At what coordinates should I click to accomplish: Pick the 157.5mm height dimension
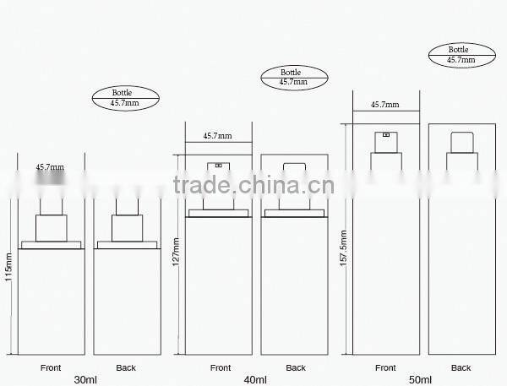pos(342,236)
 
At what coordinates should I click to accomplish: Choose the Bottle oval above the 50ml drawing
pos(461,55)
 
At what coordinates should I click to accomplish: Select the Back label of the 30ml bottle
pos(126,367)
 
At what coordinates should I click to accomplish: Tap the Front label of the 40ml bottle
pos(220,367)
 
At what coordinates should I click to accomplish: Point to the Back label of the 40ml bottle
pos(295,367)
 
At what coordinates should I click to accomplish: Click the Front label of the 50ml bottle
pos(385,367)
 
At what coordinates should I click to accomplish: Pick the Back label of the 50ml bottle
pos(461,367)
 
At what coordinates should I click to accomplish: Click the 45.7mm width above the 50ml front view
pos(385,106)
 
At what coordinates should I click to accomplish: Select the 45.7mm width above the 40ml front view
pos(217,135)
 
